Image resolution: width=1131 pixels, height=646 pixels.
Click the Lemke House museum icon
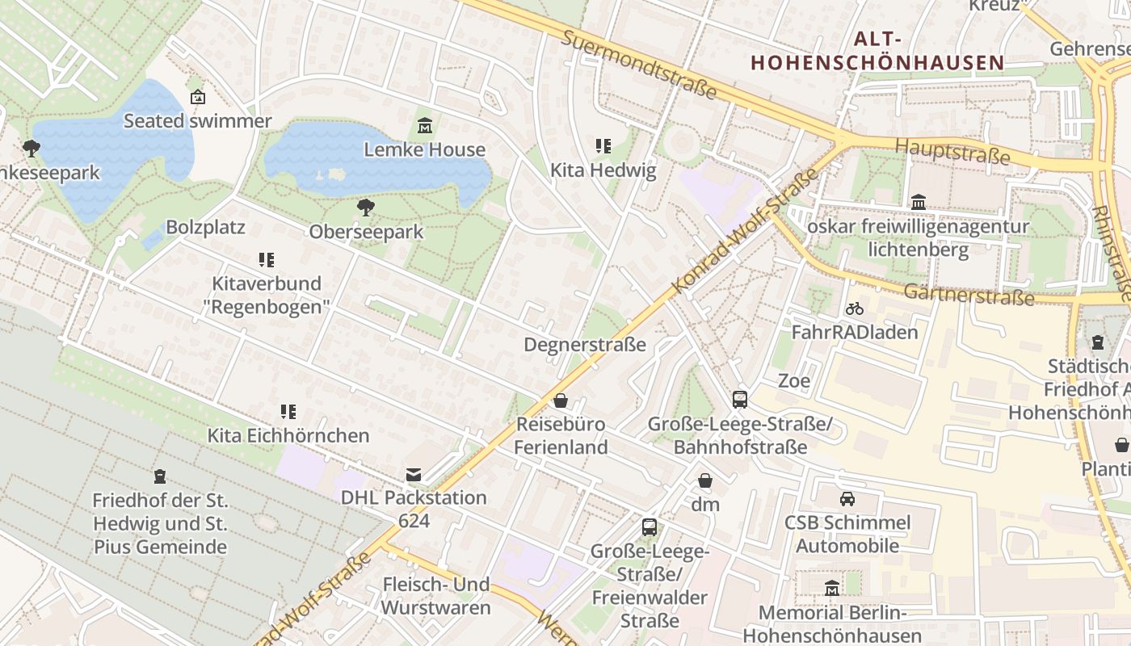pos(425,126)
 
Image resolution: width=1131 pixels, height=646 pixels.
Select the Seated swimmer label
pos(197,121)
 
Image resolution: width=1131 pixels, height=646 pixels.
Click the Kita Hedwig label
pos(603,170)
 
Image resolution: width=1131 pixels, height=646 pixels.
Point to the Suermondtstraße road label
pos(639,65)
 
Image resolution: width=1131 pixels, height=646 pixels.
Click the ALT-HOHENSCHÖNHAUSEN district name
pos(877,51)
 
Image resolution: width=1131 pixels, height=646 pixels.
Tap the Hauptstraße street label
pos(952,151)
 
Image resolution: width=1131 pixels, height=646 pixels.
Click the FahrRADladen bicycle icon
pos(855,308)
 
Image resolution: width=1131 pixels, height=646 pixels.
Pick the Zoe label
pos(793,380)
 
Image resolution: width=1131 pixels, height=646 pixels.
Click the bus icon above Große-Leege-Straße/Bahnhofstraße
pos(739,399)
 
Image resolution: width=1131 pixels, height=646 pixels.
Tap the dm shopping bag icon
pos(705,481)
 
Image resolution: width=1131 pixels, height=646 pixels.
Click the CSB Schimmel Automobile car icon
pos(847,499)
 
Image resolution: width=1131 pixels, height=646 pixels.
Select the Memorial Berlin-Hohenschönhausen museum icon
pos(832,589)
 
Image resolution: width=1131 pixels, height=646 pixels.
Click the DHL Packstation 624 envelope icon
pos(414,474)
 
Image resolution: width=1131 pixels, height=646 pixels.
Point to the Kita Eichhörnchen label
pos(288,435)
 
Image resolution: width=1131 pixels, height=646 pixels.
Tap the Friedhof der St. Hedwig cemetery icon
pos(160,476)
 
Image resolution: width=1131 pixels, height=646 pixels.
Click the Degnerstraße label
pos(585,345)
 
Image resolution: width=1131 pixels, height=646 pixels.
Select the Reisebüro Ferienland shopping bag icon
pos(561,401)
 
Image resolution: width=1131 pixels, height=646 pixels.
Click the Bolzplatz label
pos(205,227)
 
